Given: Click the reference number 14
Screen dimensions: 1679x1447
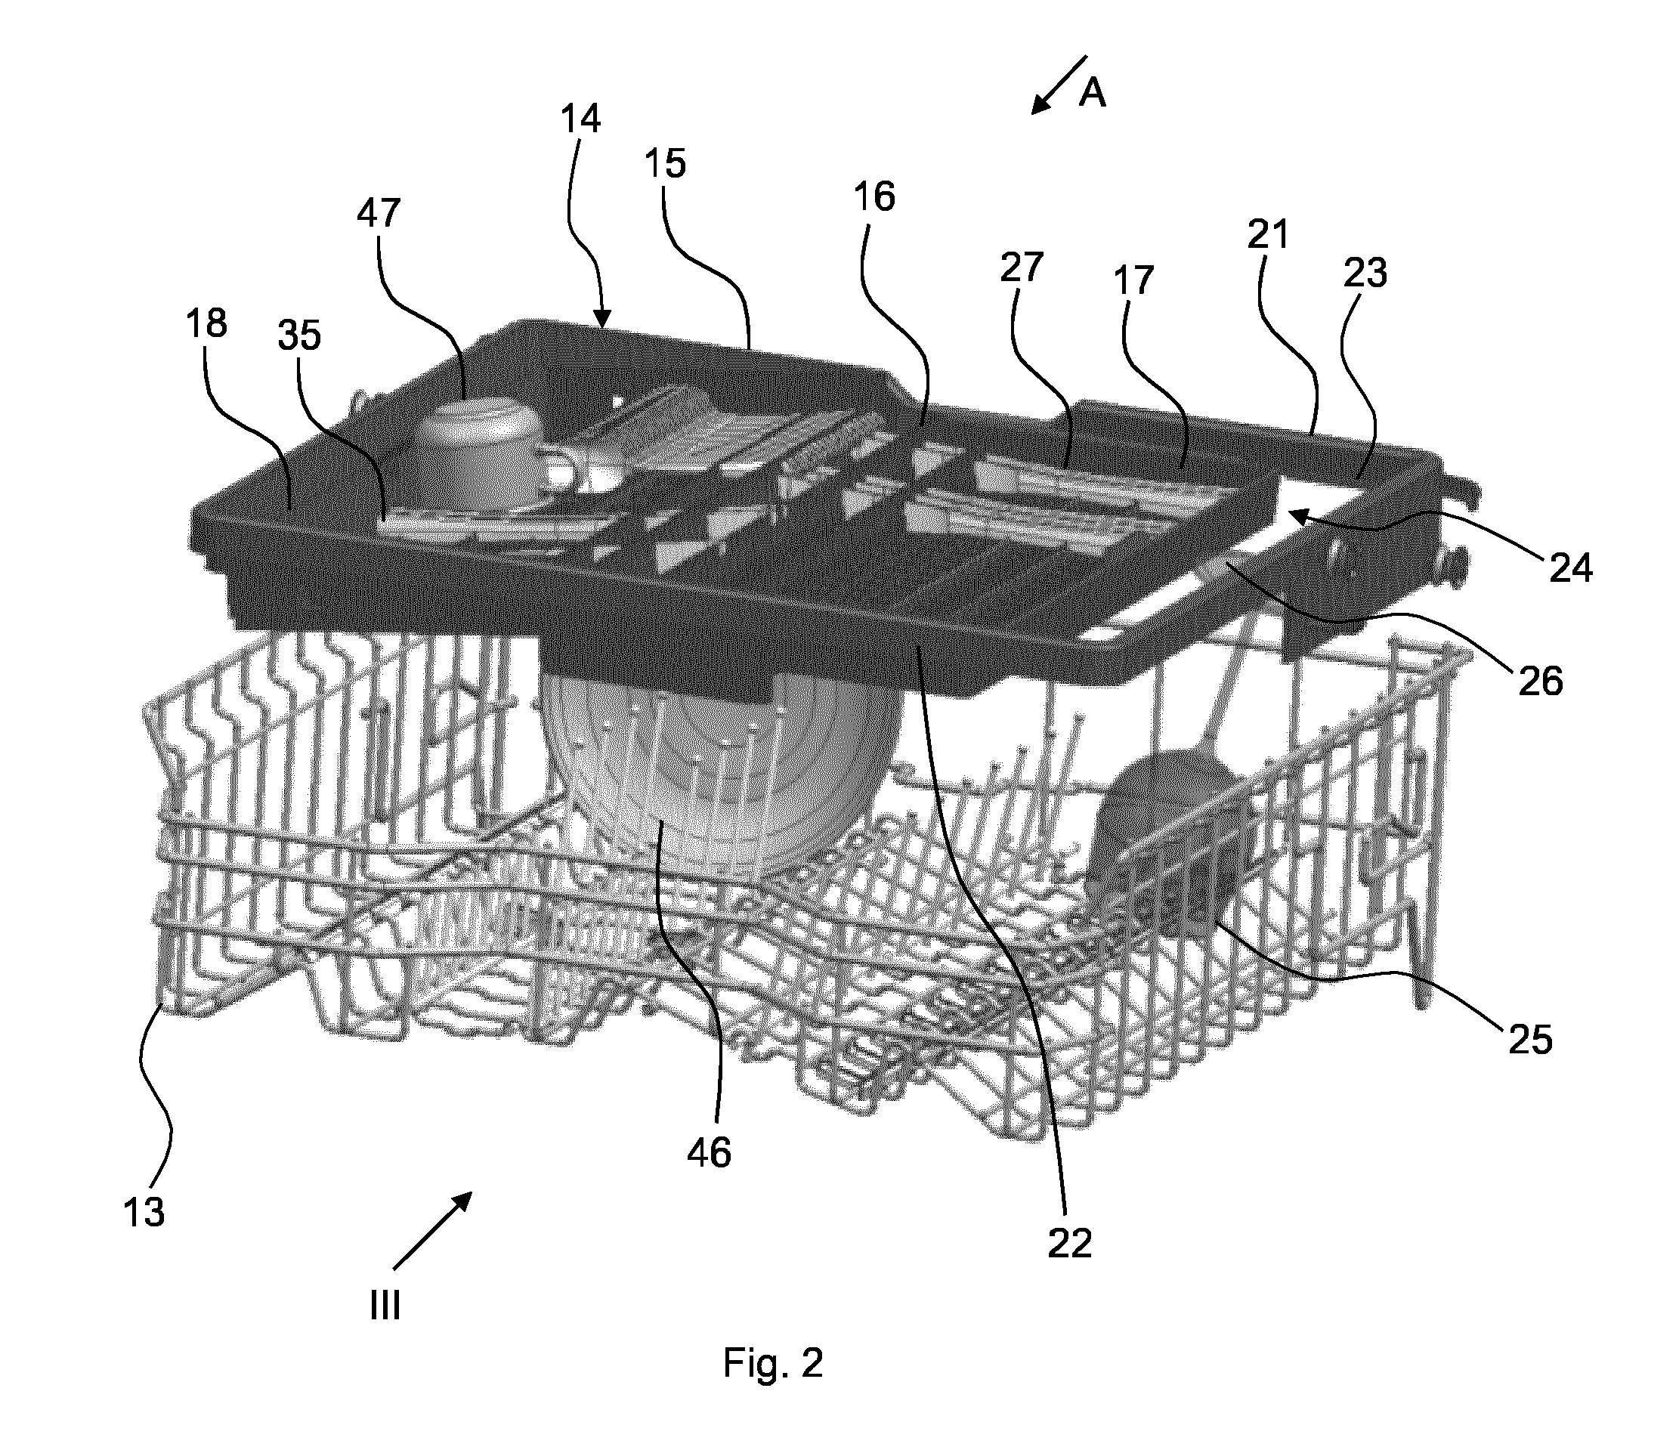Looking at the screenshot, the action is click(580, 119).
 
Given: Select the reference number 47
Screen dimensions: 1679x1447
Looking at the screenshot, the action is click(379, 213).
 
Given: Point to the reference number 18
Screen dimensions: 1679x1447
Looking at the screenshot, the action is click(206, 323).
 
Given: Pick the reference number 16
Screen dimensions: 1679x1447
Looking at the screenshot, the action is click(874, 197).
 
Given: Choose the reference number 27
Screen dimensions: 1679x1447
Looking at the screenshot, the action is click(1021, 267).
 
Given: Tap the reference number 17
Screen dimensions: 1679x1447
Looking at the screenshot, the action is click(1132, 280).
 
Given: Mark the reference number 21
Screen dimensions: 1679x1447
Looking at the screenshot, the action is click(1267, 235).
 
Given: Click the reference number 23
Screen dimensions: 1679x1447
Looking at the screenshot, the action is click(1365, 273).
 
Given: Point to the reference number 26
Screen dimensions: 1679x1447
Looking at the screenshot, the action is click(1540, 682).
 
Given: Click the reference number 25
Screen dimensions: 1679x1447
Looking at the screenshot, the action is click(1530, 1040).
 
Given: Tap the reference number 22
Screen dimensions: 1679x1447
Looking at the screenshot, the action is click(1070, 1244).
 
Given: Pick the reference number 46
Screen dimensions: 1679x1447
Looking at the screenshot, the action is click(709, 1152).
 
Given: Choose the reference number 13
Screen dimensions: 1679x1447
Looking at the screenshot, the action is click(144, 1213).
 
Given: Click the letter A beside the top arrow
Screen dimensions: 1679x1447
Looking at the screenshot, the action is click(1093, 94).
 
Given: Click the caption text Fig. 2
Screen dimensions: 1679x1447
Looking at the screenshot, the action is click(773, 1364).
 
